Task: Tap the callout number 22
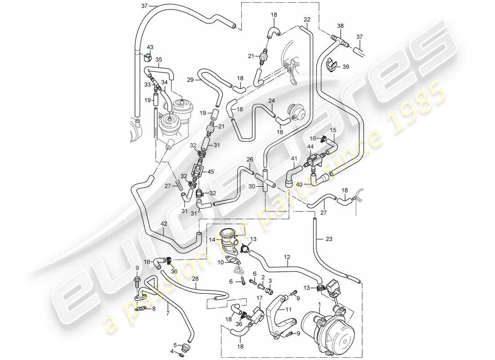tap(307, 19)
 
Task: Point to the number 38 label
tap(340, 26)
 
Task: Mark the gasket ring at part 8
tap(140, 309)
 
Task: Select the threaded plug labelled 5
tap(183, 348)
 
